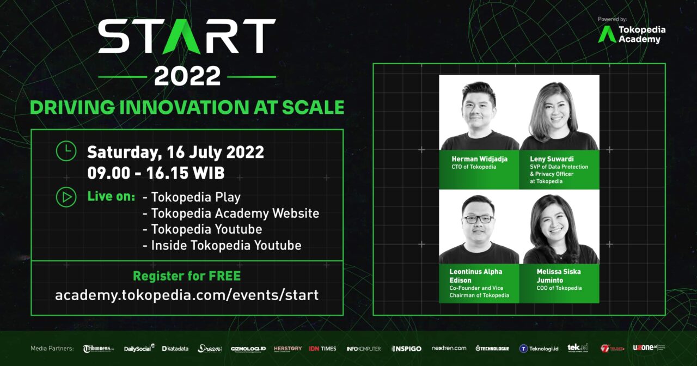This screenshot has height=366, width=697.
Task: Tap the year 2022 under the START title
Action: click(187, 76)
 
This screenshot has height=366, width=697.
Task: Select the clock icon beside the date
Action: click(66, 151)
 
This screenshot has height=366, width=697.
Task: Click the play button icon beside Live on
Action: click(66, 197)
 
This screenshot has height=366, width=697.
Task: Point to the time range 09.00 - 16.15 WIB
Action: click(156, 173)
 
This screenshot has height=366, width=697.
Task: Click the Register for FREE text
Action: click(187, 276)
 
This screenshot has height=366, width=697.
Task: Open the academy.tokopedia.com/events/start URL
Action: click(187, 295)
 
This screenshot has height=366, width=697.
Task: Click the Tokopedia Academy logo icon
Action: click(607, 34)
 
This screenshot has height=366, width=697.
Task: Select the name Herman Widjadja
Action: click(479, 159)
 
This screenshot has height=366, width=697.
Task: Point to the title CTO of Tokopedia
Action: click(474, 167)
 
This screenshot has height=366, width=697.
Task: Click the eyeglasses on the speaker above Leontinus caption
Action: click(479, 219)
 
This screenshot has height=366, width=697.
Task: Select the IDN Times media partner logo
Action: click(323, 349)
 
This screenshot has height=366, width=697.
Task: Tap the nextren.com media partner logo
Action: click(449, 348)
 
